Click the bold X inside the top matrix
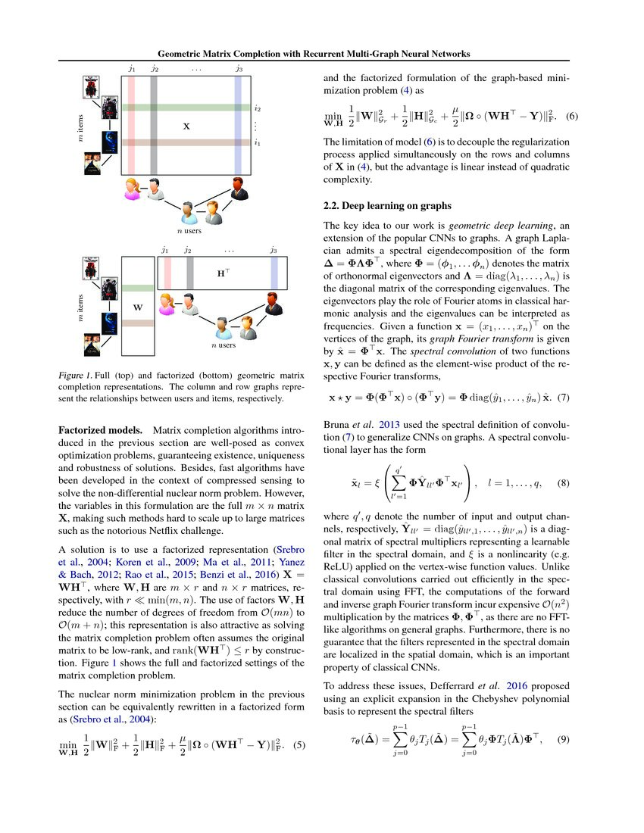tap(186, 128)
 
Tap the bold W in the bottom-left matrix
tap(137, 308)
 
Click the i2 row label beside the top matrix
tap(258, 108)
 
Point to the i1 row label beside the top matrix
tap(258, 142)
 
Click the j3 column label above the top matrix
tap(239, 69)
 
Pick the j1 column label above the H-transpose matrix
tap(164, 249)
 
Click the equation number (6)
tap(572, 117)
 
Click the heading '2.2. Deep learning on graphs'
tap(388, 205)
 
